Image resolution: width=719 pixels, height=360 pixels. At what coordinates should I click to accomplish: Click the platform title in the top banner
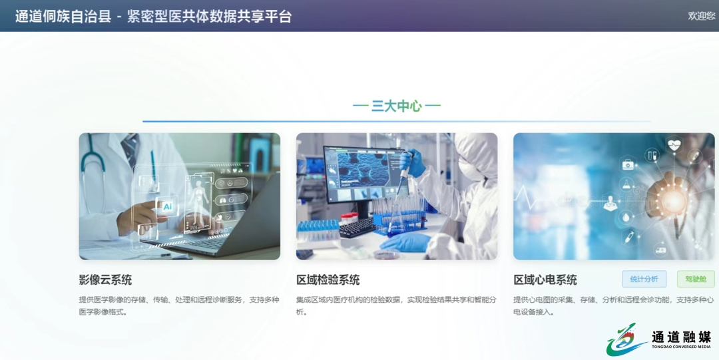pos(154,17)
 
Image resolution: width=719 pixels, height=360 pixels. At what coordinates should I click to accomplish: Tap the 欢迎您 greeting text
pos(702,16)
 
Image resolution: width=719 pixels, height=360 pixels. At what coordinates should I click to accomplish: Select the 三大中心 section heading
pos(397,106)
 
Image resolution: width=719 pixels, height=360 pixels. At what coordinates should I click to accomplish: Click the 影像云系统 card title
pos(105,279)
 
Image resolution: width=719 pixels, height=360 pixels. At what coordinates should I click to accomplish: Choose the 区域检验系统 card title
pos(328,279)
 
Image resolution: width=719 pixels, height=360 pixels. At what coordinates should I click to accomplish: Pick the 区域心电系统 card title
pos(545,279)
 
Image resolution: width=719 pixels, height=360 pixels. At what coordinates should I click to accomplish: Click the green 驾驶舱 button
pos(696,279)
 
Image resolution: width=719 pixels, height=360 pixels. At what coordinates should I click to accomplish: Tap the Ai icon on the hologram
pos(167,206)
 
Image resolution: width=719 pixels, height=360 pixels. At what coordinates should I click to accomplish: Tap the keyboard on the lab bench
pos(357,228)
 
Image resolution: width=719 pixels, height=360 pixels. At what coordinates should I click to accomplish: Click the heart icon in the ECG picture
pos(674,145)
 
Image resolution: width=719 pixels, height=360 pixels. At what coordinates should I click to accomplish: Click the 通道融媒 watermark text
pos(682,337)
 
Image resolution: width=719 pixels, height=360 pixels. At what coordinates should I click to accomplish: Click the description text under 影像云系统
pos(179,306)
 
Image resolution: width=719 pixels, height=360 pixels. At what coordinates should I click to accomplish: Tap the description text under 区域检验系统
pos(396,306)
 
